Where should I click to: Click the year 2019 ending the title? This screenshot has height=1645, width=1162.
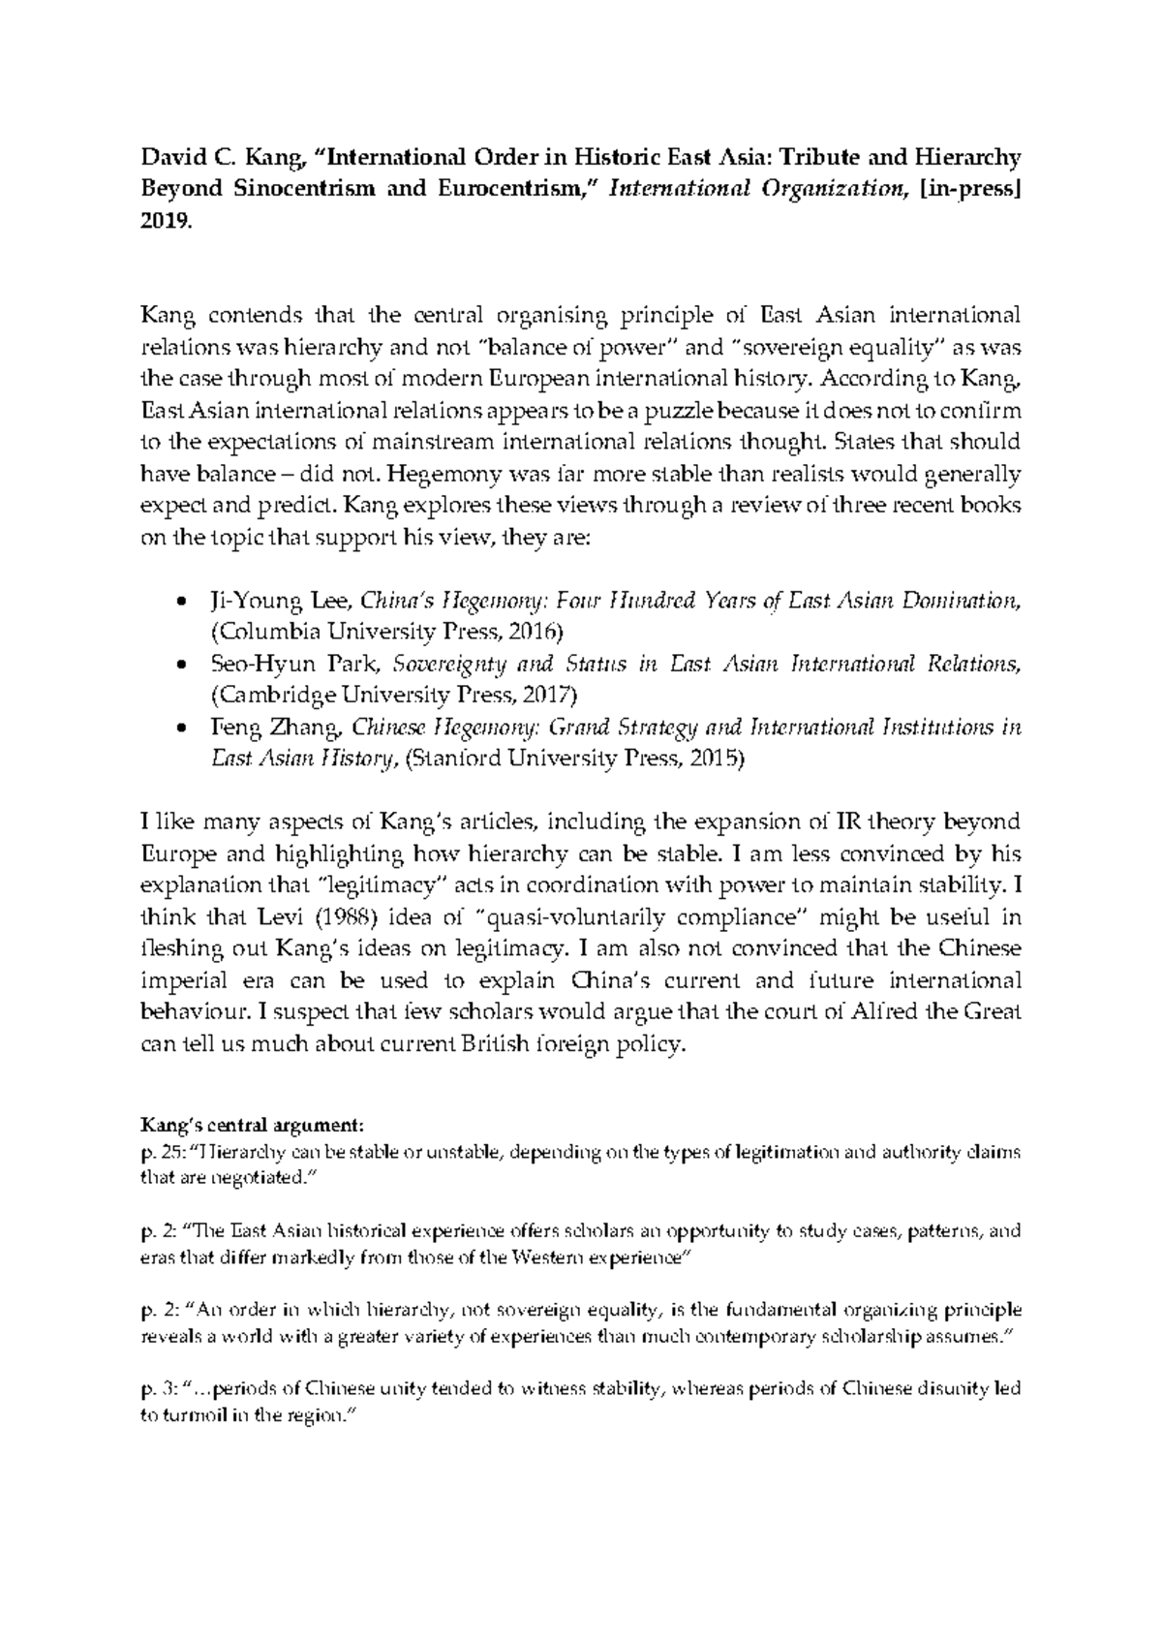pyautogui.click(x=166, y=222)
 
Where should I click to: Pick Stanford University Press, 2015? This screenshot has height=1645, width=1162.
pyautogui.click(x=572, y=760)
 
